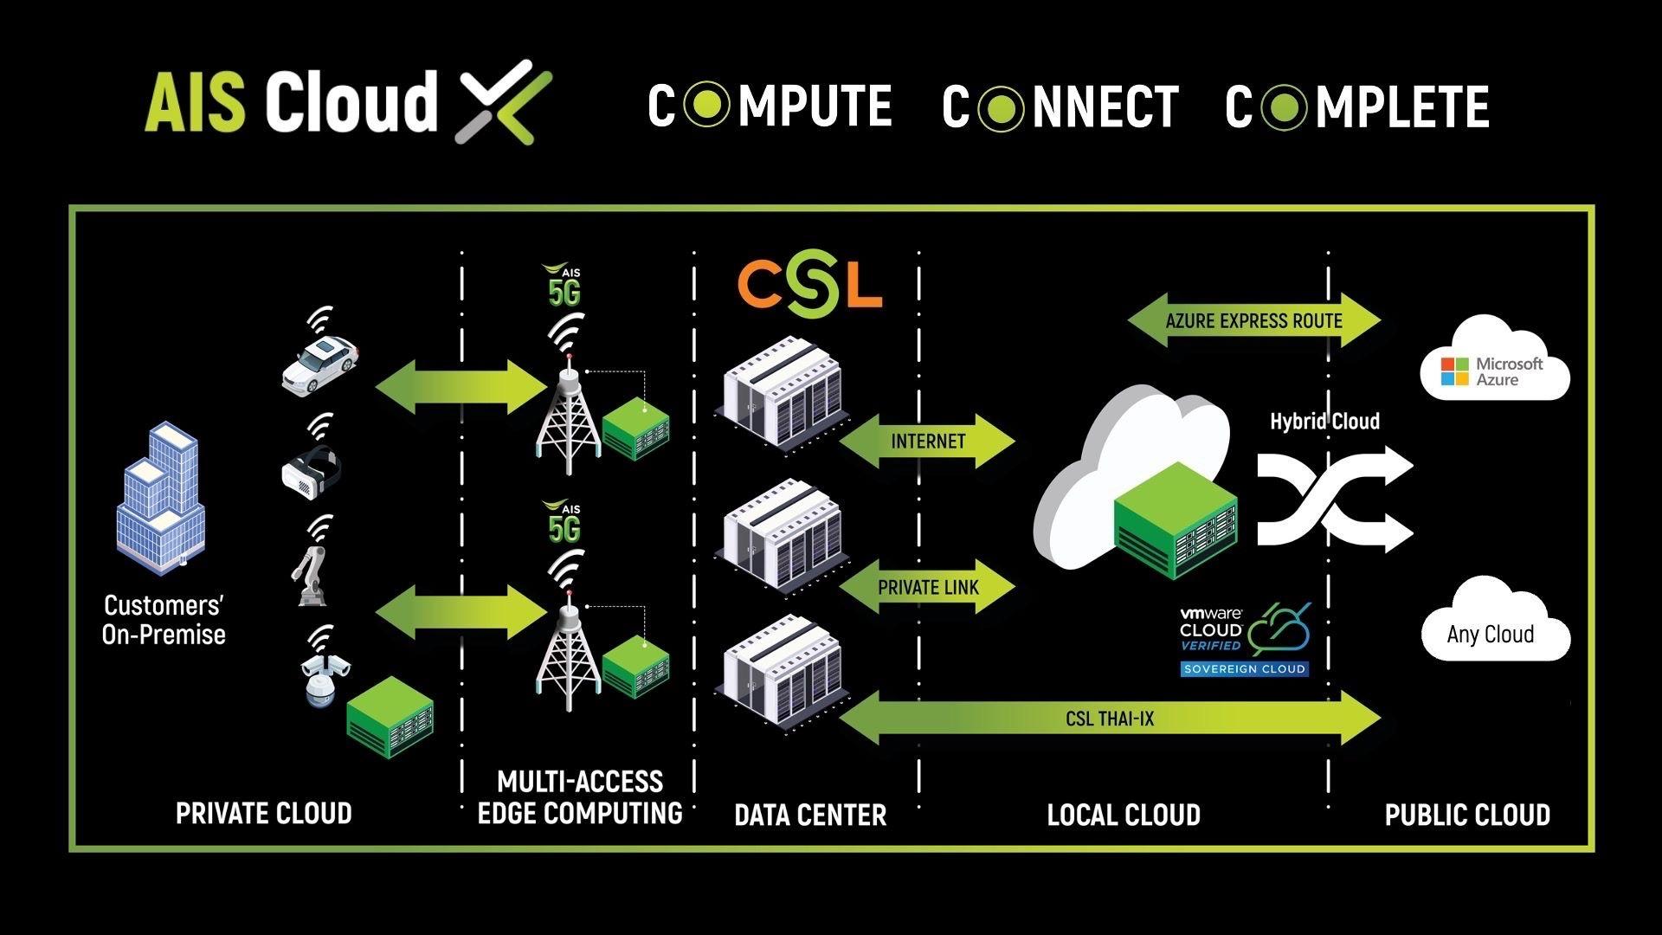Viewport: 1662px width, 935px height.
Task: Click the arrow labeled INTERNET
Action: point(927,442)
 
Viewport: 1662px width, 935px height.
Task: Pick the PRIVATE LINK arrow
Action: point(927,588)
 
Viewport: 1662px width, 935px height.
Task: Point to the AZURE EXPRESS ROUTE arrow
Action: point(1253,321)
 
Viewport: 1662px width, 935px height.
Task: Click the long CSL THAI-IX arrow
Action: point(1110,719)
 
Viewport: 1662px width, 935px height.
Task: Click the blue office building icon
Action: point(162,499)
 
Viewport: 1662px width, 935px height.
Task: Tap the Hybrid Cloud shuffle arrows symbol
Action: point(1334,500)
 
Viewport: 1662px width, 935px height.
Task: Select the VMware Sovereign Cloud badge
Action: point(1245,642)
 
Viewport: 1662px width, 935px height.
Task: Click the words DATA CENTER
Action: point(810,815)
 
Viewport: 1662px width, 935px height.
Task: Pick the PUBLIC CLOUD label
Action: point(1467,815)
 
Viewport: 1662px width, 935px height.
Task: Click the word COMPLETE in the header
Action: point(1357,106)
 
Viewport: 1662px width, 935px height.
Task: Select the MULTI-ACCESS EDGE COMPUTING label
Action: point(580,797)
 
